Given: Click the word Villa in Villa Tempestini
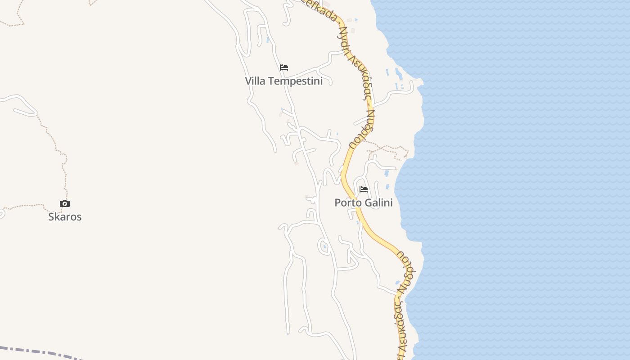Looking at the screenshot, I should click(254, 81).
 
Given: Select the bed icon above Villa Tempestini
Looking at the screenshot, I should click(284, 67).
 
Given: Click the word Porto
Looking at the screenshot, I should click(348, 203).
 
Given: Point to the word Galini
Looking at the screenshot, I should click(378, 203).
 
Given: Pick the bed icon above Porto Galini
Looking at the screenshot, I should click(364, 189).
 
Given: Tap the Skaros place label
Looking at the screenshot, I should click(65, 217).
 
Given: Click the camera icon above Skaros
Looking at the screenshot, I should click(65, 204).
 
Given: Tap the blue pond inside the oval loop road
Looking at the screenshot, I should click(324, 246).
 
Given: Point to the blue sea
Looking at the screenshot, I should click(517, 180).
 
